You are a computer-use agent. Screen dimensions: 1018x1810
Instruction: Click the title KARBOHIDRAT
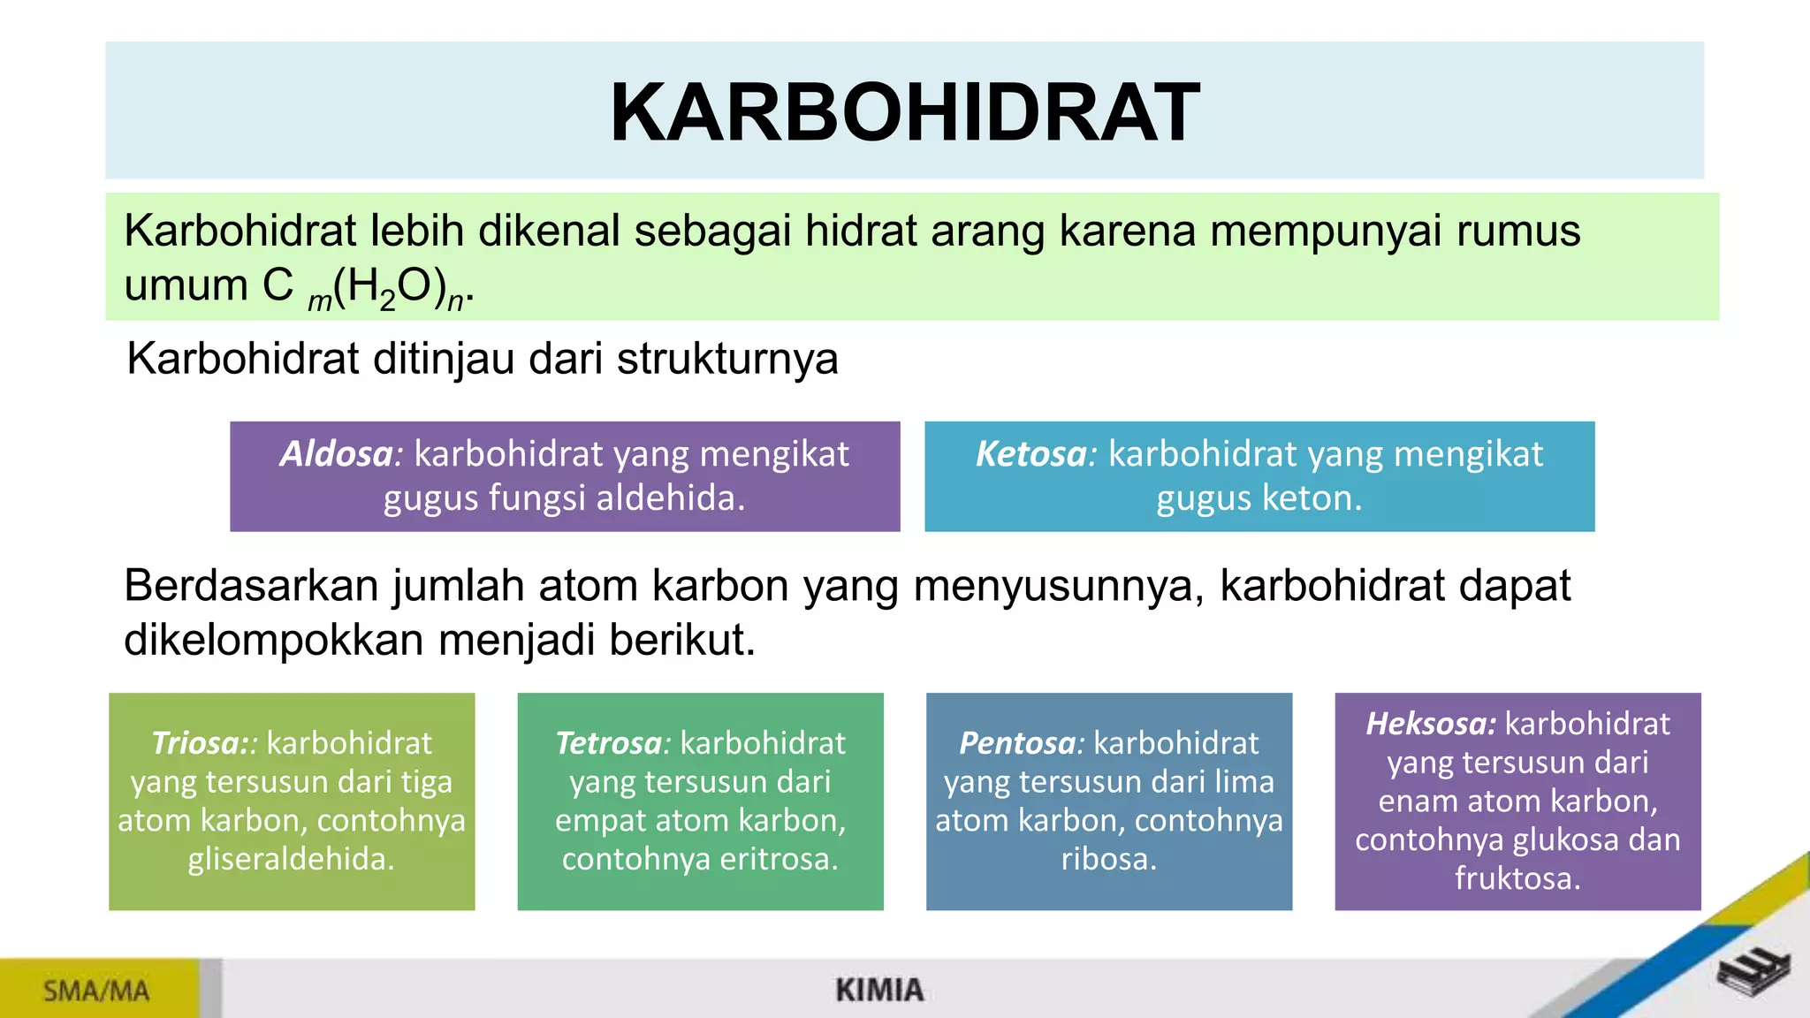click(x=904, y=112)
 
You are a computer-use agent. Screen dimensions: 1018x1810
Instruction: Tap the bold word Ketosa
click(x=1031, y=454)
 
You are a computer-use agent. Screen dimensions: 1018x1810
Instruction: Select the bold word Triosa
click(x=194, y=743)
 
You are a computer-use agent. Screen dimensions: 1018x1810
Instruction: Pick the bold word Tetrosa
click(x=608, y=743)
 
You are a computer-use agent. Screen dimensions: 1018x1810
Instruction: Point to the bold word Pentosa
click(x=1017, y=743)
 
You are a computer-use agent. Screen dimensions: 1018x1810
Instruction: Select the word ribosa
click(x=1107, y=859)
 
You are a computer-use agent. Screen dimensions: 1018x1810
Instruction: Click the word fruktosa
click(x=1516, y=878)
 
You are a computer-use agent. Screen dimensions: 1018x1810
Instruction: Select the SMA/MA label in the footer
click(x=96, y=991)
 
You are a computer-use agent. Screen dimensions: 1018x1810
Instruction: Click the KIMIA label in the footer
click(x=879, y=991)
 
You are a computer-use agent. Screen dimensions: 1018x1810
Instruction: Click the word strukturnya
click(x=726, y=360)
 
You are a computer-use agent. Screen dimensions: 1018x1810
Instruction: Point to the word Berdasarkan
click(x=251, y=586)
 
